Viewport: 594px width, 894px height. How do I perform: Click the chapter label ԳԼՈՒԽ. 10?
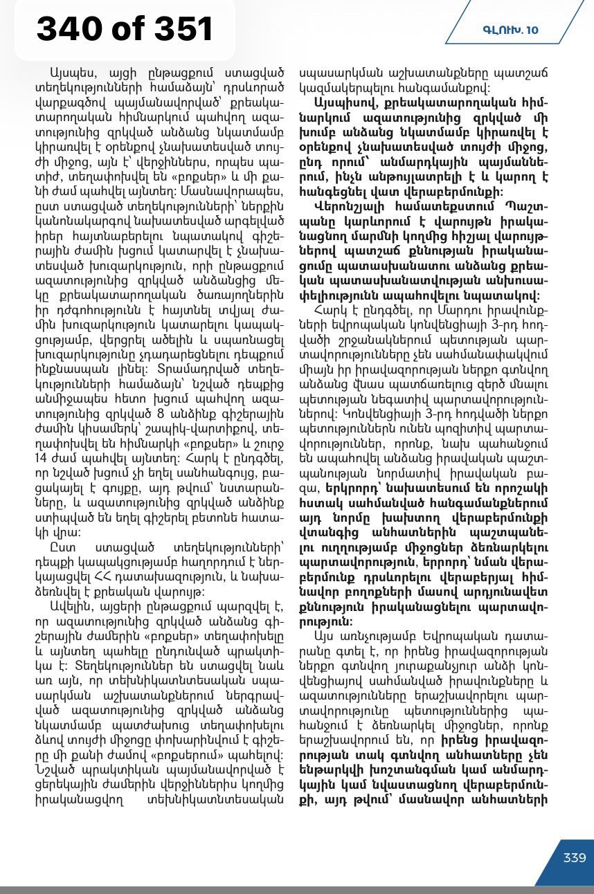click(510, 30)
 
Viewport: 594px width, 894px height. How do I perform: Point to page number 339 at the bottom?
click(574, 857)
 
